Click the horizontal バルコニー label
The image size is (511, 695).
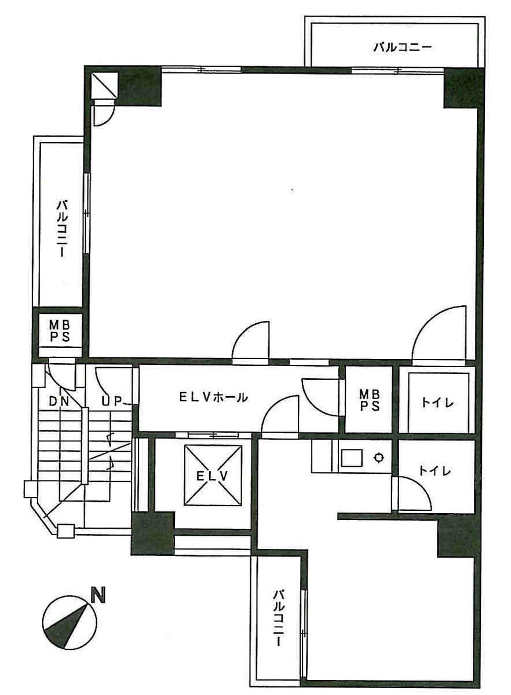[402, 47]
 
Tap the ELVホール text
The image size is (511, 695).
[213, 397]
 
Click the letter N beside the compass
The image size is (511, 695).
[99, 596]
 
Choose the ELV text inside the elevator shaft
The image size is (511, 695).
[211, 476]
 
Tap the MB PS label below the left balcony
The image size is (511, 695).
[59, 331]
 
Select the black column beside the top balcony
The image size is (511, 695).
[463, 87]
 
